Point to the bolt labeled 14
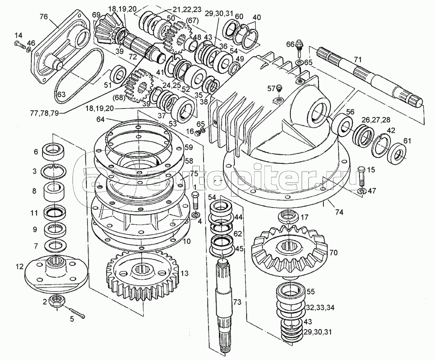click(x=19, y=45)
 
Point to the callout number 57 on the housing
click(x=272, y=88)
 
